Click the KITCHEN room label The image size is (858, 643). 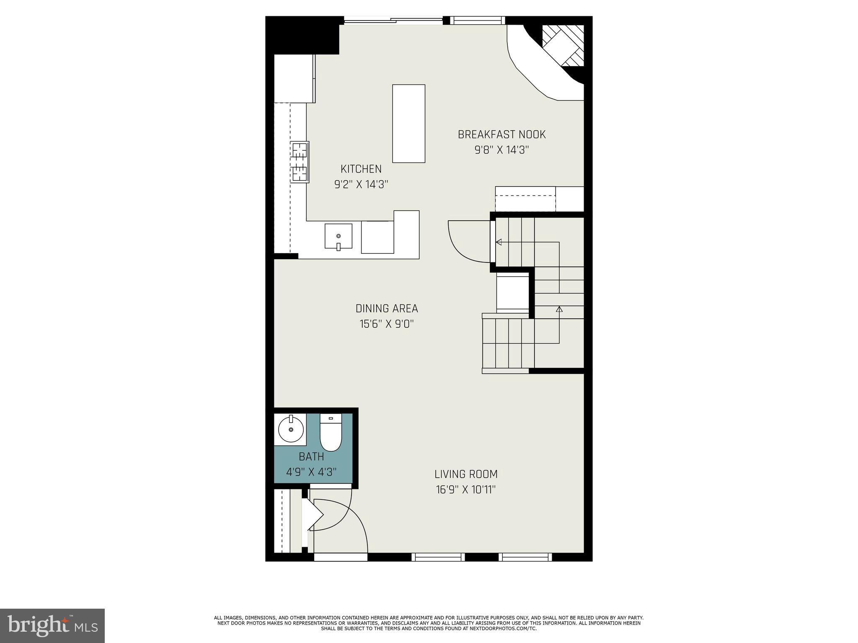pos(361,169)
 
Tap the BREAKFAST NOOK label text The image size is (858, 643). pos(501,135)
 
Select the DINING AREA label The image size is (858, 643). pos(386,309)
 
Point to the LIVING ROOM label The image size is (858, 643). pos(465,474)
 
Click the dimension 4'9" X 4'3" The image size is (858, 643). pos(311,472)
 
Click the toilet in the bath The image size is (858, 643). pos(331,433)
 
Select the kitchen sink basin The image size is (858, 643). pos(338,237)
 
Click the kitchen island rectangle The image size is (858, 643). pos(408,123)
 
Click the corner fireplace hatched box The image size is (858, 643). pos(563,45)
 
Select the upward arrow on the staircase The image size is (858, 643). pos(559,310)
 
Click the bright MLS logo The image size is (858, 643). pos(52,625)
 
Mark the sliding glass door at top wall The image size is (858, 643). pos(393,20)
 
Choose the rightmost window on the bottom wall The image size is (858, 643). pos(525,557)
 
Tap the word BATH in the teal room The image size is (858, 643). pos(311,456)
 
